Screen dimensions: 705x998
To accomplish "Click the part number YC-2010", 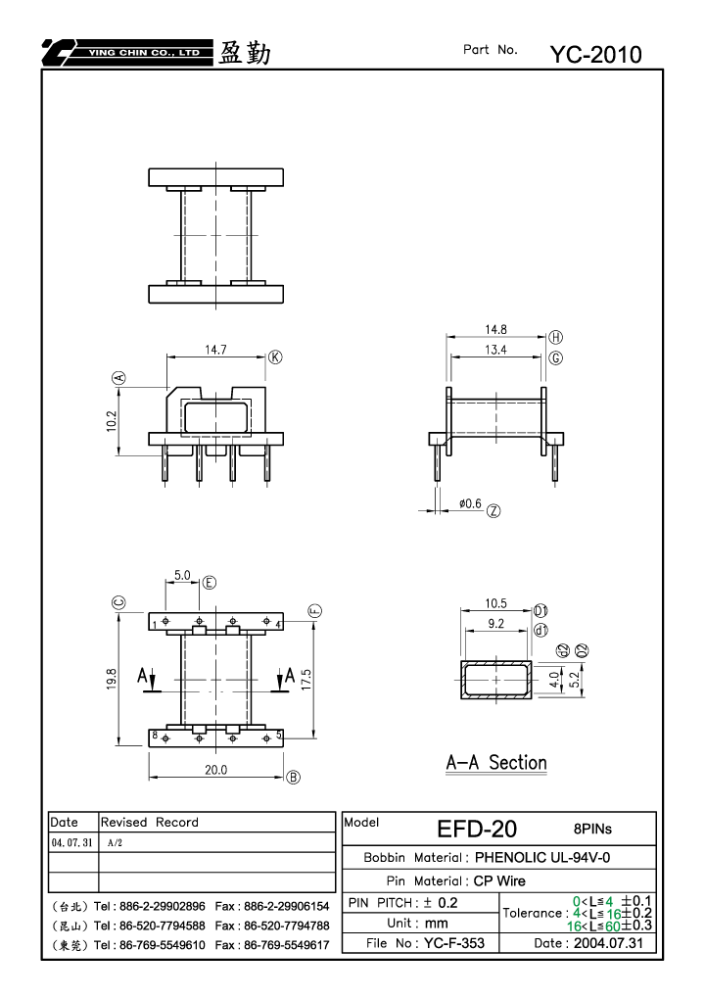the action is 595,55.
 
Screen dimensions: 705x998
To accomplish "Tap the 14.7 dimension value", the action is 215,350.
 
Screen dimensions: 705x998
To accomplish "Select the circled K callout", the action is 275,357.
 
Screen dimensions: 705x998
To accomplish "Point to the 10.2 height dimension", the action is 112,421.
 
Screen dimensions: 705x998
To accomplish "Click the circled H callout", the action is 555,337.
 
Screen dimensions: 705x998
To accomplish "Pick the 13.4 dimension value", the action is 495,350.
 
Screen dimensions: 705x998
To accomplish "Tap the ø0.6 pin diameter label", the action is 470,503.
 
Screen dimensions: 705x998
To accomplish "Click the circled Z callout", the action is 493,510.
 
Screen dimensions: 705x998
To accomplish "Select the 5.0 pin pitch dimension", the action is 182,575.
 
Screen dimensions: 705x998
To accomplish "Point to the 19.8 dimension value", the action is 112,679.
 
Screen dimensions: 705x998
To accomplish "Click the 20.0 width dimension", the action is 215,770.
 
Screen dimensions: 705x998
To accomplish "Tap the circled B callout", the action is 293,777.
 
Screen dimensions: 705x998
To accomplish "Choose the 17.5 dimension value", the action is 306,679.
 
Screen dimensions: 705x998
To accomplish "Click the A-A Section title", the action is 496,763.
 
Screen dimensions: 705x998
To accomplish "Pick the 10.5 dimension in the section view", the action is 495,603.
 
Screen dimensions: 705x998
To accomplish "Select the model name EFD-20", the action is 477,829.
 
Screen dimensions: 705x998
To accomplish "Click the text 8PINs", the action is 592,829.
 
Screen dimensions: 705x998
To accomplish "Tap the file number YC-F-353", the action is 454,942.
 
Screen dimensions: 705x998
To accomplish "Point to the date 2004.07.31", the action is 608,942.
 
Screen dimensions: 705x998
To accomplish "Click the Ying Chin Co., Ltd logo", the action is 127,53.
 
